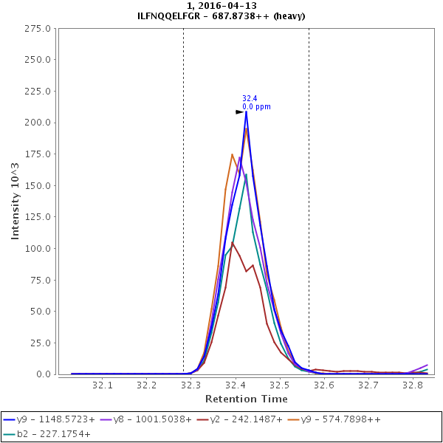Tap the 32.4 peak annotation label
(250, 98)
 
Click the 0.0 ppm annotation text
(256, 107)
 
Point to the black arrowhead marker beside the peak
(239, 112)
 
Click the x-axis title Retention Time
(246, 399)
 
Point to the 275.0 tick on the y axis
(37, 29)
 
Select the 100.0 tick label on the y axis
(37, 249)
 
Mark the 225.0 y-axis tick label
(37, 92)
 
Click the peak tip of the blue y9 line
(246, 111)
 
